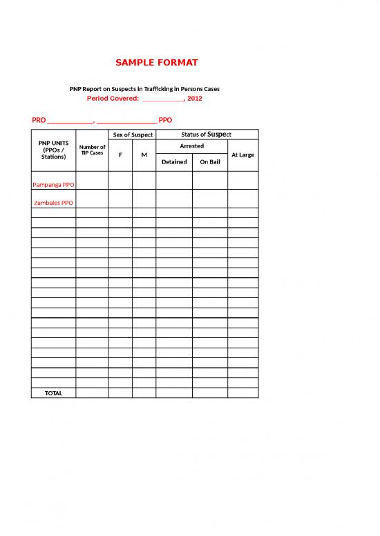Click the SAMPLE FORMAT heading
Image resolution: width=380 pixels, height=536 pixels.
157,63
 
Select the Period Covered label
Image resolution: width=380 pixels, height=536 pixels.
113,99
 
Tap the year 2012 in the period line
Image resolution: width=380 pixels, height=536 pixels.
194,99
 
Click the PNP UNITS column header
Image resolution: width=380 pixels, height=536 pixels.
53,150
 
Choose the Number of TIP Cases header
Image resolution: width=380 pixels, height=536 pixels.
92,150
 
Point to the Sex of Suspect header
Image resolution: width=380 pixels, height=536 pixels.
132,135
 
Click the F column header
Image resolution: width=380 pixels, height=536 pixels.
120,155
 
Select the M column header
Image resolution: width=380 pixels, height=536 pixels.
144,155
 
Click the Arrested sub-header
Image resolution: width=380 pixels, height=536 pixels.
191,146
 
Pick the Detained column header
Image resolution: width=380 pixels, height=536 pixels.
174,162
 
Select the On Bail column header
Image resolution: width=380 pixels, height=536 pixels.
209,162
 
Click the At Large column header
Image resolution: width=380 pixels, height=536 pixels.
243,155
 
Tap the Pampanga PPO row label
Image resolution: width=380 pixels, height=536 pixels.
53,185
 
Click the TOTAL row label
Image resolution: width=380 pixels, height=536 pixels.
53,393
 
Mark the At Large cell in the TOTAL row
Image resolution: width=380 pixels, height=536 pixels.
243,393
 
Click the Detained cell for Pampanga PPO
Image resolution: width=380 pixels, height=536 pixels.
174,181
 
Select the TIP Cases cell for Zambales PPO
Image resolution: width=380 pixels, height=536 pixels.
92,199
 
